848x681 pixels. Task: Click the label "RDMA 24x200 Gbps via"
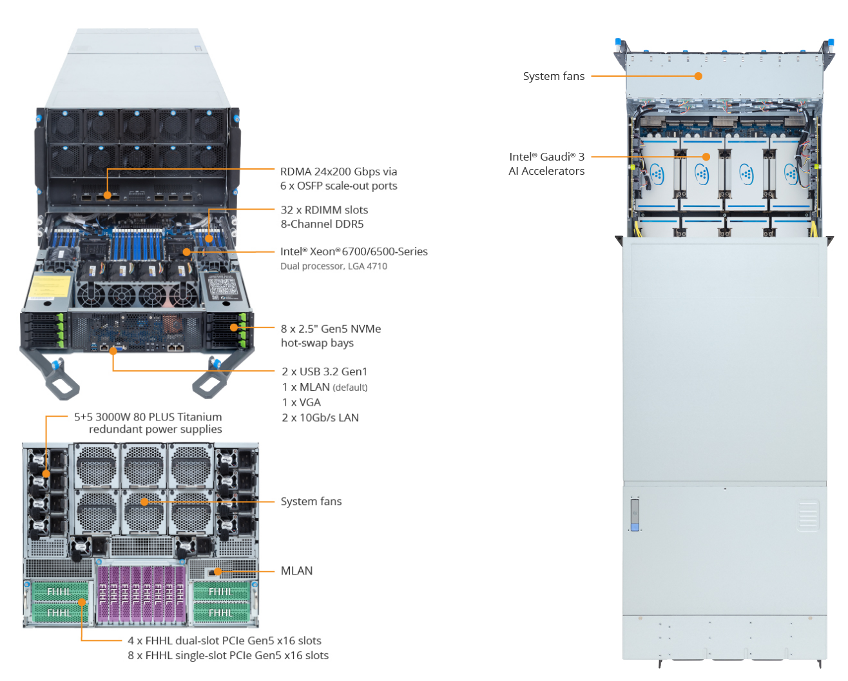tap(338, 172)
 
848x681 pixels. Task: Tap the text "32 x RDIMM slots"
tap(324, 210)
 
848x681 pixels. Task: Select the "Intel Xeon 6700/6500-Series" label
tap(354, 252)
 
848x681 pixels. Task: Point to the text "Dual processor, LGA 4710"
tap(334, 266)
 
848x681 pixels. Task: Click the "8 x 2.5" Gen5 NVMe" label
tap(331, 329)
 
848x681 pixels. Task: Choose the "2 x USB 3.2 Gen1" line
tap(324, 371)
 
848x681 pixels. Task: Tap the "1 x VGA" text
tap(301, 402)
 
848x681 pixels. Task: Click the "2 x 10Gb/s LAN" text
tap(320, 418)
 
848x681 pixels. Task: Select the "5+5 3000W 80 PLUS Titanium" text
tap(148, 417)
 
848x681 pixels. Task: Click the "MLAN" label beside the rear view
tap(296, 571)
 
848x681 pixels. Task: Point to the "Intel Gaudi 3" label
tap(546, 157)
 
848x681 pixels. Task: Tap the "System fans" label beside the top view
tap(554, 76)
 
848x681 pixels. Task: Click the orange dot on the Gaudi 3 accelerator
tap(706, 157)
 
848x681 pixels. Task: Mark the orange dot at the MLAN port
tap(218, 571)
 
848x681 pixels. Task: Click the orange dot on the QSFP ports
tap(108, 195)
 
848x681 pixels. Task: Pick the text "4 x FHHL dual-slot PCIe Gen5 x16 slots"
tap(224, 641)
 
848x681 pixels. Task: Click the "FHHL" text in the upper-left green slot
tap(59, 592)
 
